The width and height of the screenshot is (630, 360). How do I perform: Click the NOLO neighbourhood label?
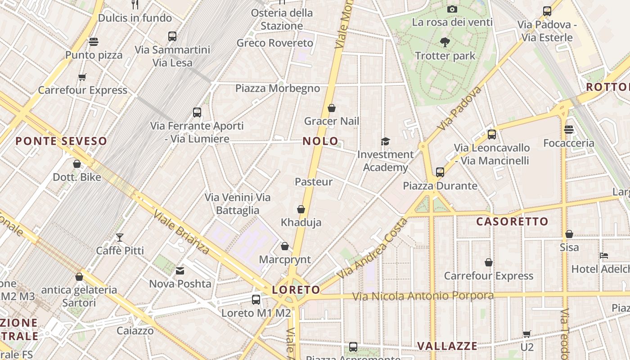click(x=320, y=141)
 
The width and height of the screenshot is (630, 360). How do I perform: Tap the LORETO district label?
click(x=296, y=290)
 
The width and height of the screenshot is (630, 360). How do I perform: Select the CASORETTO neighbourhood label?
click(x=512, y=221)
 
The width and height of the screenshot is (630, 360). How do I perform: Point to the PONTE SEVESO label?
click(x=61, y=141)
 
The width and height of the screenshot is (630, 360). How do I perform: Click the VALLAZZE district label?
click(x=447, y=346)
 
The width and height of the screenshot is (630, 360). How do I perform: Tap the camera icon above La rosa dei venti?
click(x=452, y=9)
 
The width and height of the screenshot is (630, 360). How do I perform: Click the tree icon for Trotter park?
click(x=445, y=43)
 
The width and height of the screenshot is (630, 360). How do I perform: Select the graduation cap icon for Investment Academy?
click(x=385, y=142)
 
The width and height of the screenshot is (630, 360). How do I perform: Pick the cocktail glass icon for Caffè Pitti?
click(x=120, y=238)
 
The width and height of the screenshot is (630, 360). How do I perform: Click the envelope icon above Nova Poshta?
click(x=180, y=271)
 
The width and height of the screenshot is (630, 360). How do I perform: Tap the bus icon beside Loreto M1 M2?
click(x=256, y=299)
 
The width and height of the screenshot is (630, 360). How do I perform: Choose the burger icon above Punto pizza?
click(x=94, y=42)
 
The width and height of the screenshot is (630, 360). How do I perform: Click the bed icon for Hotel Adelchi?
click(x=604, y=256)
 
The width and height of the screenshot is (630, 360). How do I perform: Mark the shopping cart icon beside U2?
click(x=526, y=334)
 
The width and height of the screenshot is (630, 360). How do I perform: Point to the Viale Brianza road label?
click(x=181, y=231)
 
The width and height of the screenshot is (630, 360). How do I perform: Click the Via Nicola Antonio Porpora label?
click(x=423, y=296)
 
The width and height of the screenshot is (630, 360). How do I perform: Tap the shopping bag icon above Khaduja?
click(x=301, y=209)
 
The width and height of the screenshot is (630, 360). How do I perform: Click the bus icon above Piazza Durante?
click(x=440, y=172)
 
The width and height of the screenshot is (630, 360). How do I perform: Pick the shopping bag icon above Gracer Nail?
click(x=332, y=108)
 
